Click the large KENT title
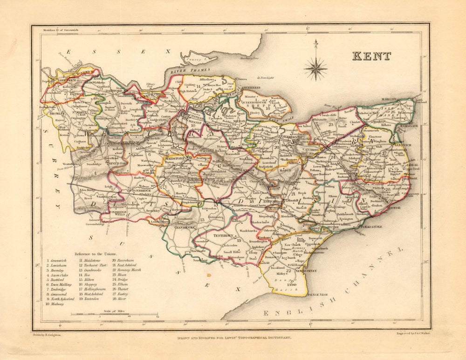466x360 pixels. tap(371, 56)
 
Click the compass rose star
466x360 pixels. tap(315, 68)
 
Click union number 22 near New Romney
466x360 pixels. tap(289, 271)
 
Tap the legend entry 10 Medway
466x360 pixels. tap(55, 304)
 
